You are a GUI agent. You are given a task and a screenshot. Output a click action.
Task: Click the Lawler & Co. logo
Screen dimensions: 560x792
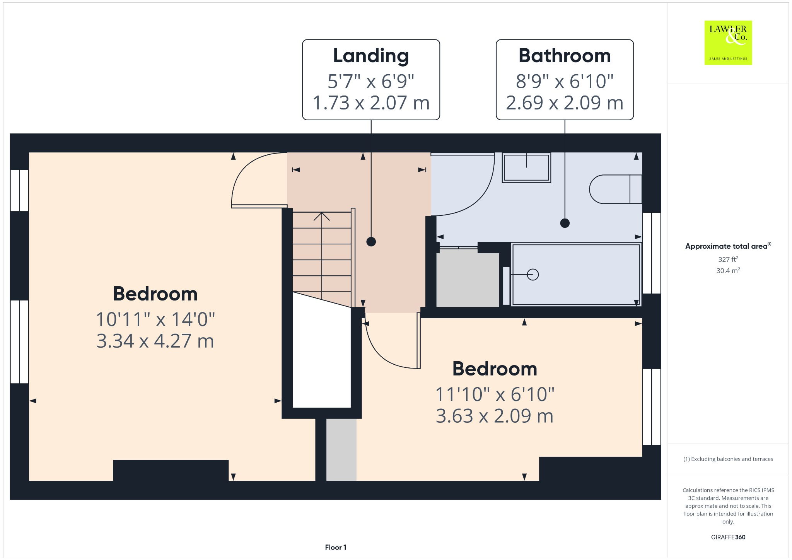point(728,43)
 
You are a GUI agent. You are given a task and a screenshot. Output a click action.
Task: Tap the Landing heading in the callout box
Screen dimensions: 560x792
point(371,56)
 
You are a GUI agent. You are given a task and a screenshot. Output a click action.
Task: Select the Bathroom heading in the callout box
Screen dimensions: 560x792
point(565,56)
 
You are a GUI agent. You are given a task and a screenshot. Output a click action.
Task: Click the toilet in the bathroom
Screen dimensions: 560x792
point(615,189)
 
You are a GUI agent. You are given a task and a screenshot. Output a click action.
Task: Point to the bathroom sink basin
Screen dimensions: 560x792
point(526,167)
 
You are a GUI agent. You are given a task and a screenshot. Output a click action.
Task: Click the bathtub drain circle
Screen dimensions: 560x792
point(533,275)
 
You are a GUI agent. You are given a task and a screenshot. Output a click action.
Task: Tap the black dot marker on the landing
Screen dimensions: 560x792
point(371,242)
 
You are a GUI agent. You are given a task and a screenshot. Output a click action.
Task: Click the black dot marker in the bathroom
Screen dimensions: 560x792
point(565,223)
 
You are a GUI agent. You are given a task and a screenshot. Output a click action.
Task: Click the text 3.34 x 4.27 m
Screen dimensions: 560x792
point(155,341)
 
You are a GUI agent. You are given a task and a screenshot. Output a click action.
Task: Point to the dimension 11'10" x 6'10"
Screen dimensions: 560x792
point(495,394)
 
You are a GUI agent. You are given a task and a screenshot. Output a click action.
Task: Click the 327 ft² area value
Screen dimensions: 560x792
point(728,259)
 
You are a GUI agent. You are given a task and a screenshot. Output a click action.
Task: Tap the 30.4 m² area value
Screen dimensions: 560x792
point(728,271)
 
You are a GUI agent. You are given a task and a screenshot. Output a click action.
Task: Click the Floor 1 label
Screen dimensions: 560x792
point(335,547)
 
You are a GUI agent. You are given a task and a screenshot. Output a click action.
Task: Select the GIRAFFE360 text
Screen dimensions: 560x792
point(728,537)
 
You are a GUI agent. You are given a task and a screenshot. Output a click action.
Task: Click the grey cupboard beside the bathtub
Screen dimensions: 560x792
point(467,278)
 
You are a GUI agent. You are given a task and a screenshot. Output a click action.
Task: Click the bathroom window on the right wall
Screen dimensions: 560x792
point(652,253)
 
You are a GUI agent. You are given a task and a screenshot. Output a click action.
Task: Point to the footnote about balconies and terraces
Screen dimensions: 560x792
point(728,459)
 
